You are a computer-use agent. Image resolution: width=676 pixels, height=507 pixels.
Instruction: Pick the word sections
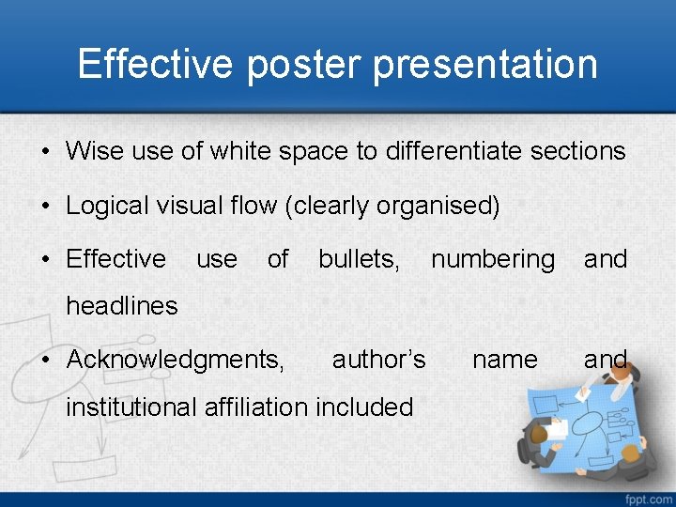[580, 150]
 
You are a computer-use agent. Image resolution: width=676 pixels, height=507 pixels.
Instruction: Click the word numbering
[493, 258]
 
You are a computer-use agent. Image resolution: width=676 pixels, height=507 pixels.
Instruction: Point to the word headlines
[122, 305]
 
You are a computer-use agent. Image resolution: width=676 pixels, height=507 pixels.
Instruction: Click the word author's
[379, 360]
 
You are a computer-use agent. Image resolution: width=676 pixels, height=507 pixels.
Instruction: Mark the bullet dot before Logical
[46, 206]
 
